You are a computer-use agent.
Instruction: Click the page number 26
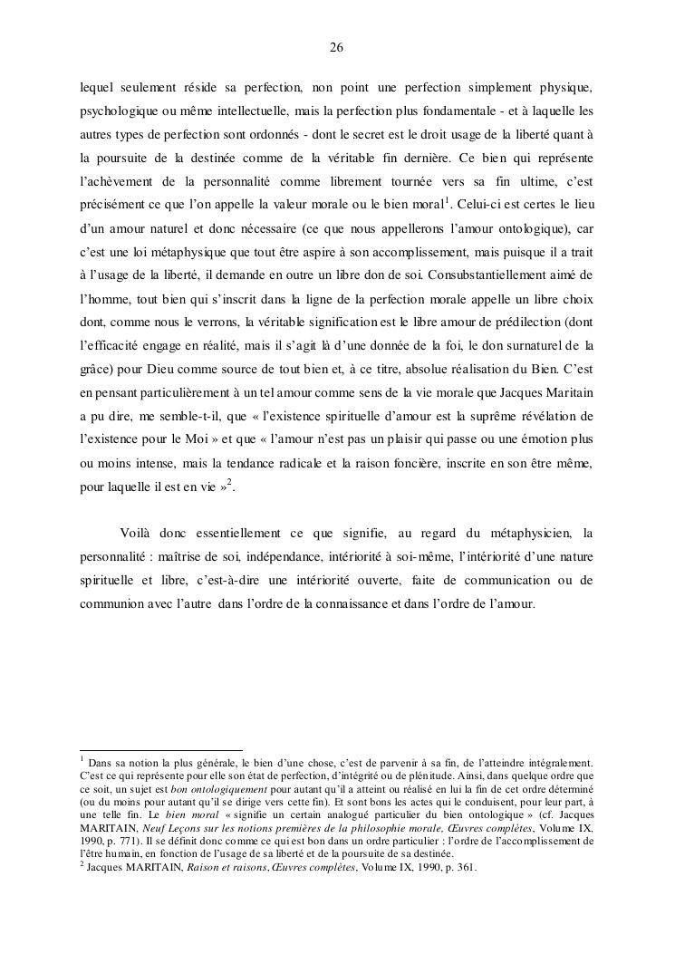(x=336, y=48)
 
